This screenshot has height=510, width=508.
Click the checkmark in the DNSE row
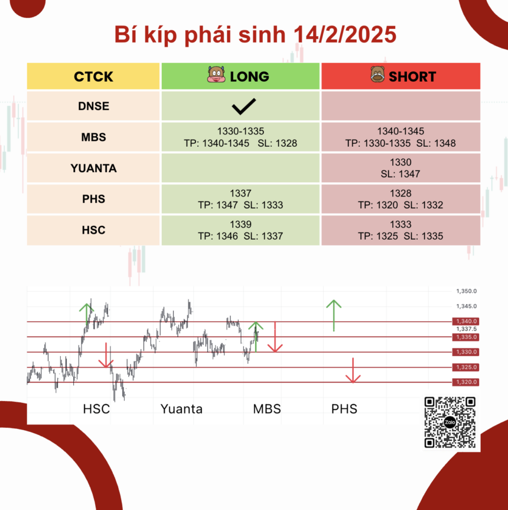tap(243, 106)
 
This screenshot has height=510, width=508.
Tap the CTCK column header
tap(93, 77)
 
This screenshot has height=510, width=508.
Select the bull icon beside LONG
tap(216, 75)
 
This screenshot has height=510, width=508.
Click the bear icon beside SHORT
tap(377, 74)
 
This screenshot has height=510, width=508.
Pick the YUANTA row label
tap(93, 168)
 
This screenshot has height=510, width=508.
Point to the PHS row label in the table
tap(93, 199)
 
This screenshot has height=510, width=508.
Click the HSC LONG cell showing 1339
tap(240, 230)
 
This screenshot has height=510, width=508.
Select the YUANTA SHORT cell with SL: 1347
tap(400, 168)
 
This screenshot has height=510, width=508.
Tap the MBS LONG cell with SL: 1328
tap(240, 137)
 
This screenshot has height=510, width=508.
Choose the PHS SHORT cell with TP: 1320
tap(400, 199)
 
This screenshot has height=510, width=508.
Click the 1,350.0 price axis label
tap(466, 291)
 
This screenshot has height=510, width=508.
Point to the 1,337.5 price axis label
tap(466, 329)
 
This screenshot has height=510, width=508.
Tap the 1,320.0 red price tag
tap(465, 382)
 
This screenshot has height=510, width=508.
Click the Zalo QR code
tap(450, 422)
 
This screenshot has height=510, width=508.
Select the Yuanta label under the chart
tap(181, 409)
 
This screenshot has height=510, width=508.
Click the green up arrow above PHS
tap(334, 315)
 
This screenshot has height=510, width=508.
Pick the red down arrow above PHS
tap(353, 370)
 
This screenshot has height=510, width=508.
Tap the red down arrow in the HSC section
tap(106, 355)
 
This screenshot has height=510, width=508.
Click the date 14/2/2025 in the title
tap(344, 34)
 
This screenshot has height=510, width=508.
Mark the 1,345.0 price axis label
tap(466, 306)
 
